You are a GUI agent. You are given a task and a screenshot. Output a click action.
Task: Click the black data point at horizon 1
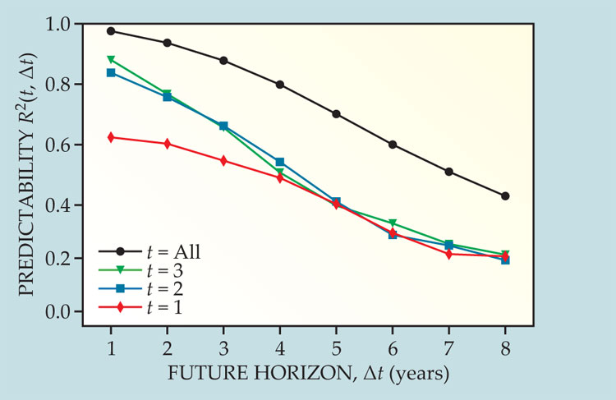[x=111, y=31]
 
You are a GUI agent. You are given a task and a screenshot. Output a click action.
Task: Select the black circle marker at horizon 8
[x=505, y=196]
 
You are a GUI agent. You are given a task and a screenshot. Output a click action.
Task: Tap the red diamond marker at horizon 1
[x=111, y=137]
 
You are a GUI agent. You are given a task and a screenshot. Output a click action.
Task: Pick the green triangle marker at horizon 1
[x=111, y=59]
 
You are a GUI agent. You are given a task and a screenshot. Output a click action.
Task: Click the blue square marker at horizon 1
[x=111, y=72]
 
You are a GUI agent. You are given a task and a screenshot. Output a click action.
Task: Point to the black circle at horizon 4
[x=280, y=85]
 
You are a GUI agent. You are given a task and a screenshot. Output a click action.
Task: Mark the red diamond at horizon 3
[x=223, y=160]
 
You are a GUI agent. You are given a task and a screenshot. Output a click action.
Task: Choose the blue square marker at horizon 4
[x=280, y=162]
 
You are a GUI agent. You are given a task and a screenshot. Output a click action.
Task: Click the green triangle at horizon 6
[x=393, y=223]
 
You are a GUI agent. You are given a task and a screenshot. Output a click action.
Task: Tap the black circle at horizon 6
[x=393, y=145]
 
